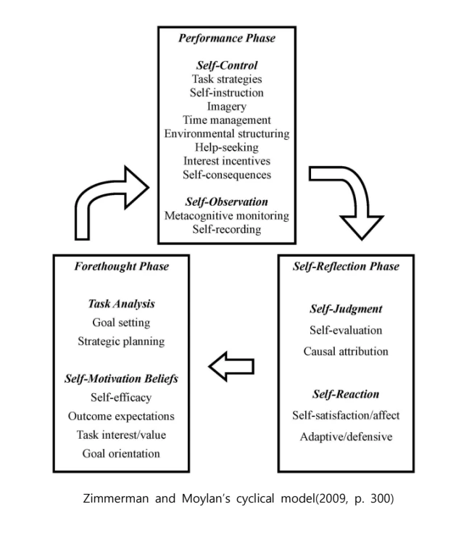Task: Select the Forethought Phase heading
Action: tap(121, 266)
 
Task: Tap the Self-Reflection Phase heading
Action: tap(346, 266)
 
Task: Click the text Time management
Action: tap(227, 120)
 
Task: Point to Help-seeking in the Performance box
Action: tap(227, 147)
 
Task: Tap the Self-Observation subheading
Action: tap(227, 202)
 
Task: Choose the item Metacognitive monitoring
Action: tap(227, 215)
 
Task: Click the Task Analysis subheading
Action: tap(121, 305)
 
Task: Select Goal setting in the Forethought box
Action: tap(121, 323)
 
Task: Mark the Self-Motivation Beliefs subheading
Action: tap(121, 379)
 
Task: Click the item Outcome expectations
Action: tap(121, 416)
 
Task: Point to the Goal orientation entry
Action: tap(121, 453)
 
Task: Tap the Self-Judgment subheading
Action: tap(346, 310)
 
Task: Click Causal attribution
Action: tap(346, 352)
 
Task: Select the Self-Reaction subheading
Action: tap(346, 394)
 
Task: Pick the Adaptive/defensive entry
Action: tap(346, 437)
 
